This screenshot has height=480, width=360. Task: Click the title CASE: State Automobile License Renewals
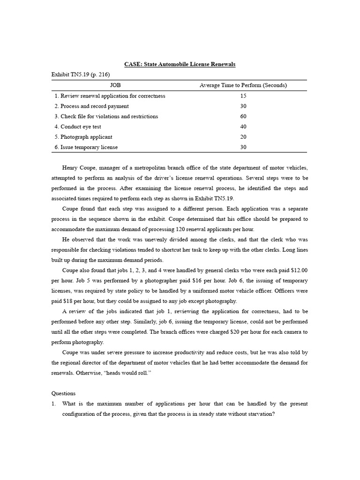pyautogui.click(x=180, y=64)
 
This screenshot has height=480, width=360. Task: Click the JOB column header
pyautogui.click(x=115, y=85)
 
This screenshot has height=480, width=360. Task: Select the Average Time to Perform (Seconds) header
pyautogui.click(x=243, y=85)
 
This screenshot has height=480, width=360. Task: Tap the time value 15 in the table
pyautogui.click(x=243, y=96)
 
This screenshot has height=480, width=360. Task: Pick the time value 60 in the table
pyautogui.click(x=243, y=116)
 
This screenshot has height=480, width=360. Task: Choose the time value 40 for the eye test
pyautogui.click(x=243, y=127)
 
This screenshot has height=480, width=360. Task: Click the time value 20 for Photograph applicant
pyautogui.click(x=243, y=137)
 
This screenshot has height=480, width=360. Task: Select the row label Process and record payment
pyautogui.click(x=91, y=106)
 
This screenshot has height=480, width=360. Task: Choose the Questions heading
pyautogui.click(x=63, y=393)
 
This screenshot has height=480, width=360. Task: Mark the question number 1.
pyautogui.click(x=53, y=404)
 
